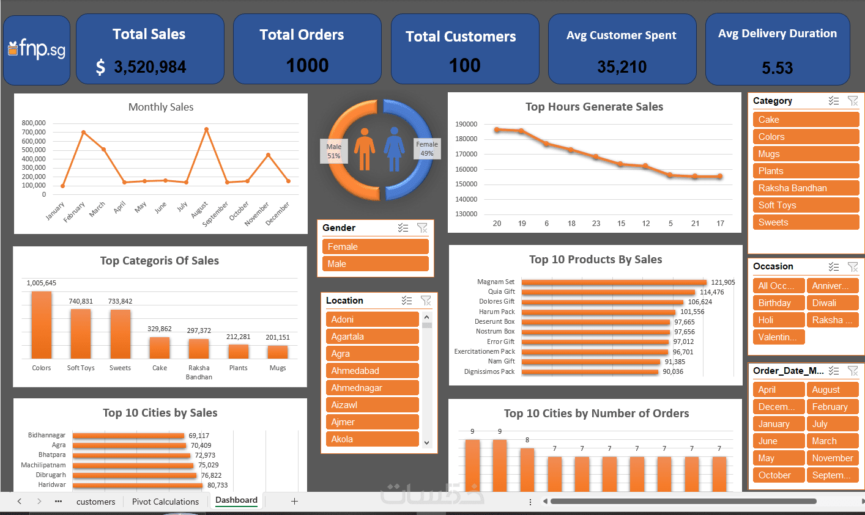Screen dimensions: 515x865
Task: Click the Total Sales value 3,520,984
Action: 150,67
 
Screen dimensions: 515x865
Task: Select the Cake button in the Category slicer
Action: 806,120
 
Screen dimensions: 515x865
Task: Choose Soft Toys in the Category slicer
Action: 806,205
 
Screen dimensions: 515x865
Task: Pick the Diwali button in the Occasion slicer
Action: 832,303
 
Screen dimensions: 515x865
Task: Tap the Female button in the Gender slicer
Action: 375,247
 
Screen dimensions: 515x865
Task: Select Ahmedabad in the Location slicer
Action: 371,371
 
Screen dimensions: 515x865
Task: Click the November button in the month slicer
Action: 832,458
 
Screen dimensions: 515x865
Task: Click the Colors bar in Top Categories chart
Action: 42,325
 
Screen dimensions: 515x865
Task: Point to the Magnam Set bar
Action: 614,282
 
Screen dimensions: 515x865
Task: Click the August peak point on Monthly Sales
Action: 207,130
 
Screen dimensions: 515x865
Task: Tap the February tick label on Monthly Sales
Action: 75,212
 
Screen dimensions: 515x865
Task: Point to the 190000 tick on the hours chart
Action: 466,124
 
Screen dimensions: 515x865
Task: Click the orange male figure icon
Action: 365,149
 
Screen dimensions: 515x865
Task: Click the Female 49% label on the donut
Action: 427,149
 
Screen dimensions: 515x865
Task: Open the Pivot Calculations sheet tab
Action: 165,502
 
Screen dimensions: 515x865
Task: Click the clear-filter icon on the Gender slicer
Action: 422,228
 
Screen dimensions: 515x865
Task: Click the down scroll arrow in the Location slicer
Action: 426,442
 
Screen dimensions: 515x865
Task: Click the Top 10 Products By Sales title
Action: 595,260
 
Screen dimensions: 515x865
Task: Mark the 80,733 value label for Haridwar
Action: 217,485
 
